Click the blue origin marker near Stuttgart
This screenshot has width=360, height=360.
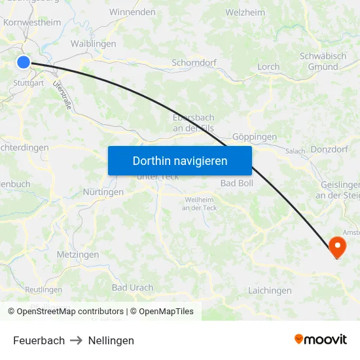[23, 62]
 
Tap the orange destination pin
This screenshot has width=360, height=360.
[337, 247]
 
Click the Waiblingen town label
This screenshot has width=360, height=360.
[93, 44]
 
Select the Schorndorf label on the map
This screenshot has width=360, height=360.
[194, 63]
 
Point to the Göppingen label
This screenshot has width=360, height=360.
[255, 137]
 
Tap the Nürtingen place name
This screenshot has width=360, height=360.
[103, 192]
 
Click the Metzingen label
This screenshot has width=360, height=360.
[78, 255]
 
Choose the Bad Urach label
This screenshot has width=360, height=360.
[132, 287]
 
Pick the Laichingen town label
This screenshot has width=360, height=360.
[270, 290]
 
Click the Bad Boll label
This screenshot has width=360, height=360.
[237, 183]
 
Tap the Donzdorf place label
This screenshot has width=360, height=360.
[329, 149]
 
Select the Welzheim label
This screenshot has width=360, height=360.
[245, 12]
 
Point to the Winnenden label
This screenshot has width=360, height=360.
[132, 12]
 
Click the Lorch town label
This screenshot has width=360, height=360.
[268, 67]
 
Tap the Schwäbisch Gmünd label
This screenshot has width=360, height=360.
[323, 62]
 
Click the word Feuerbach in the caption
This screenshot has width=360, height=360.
[39, 340]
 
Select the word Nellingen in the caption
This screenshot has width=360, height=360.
[111, 340]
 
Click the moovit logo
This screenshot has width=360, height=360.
[320, 339]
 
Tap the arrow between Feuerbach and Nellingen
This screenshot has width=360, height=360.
[76, 340]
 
